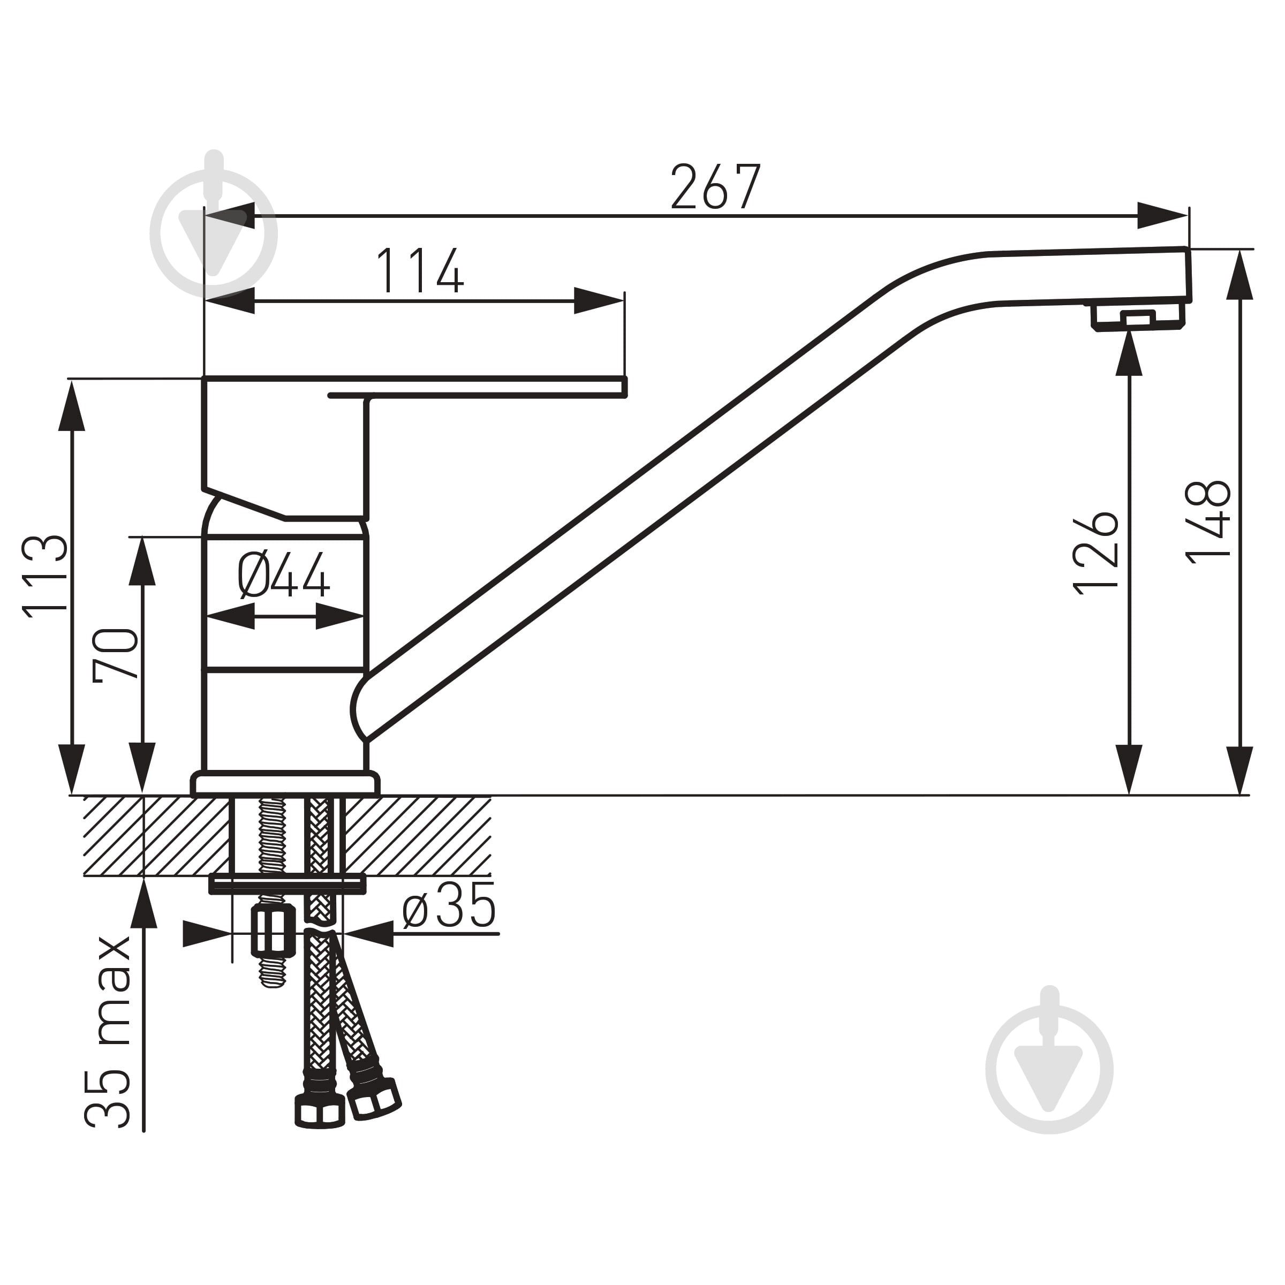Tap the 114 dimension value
420,271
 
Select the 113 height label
45,577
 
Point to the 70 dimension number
116,654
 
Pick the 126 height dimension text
1096,554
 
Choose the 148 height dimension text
1208,523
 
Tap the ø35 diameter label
450,905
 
